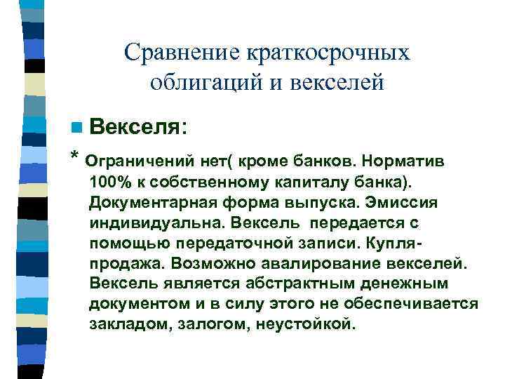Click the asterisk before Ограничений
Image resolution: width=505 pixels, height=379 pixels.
tap(75, 157)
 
